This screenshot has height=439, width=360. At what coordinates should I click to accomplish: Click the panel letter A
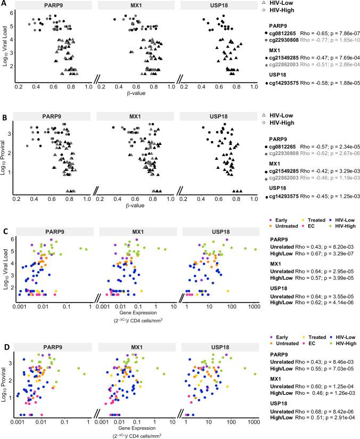click(4, 4)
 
